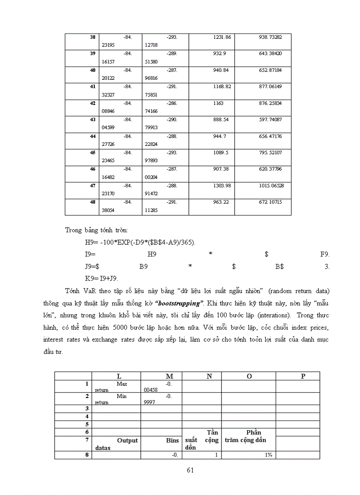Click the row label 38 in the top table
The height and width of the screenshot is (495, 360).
tap(93, 37)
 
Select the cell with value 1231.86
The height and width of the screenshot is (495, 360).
tap(222, 37)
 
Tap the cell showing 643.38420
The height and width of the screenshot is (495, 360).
tap(270, 53)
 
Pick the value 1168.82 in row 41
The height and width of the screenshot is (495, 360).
tap(222, 86)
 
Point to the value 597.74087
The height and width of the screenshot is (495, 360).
tap(270, 119)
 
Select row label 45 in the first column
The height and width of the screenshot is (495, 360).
tap(93, 153)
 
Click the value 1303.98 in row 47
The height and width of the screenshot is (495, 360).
tap(222, 186)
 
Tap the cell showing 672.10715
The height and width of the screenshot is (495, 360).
tap(270, 202)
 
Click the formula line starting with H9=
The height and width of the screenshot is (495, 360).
tap(140, 242)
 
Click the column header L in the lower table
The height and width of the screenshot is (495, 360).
tap(119, 376)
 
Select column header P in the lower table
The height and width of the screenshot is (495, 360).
tap(303, 376)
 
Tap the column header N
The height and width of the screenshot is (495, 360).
tap(210, 376)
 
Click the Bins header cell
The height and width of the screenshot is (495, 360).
tap(172, 440)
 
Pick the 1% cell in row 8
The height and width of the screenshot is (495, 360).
tap(268, 455)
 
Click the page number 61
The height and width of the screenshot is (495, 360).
tap(191, 470)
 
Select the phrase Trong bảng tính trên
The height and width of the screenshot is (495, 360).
tap(97, 230)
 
